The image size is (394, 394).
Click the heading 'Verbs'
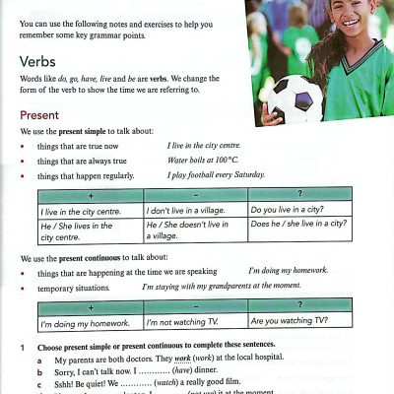(39, 62)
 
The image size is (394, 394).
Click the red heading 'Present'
(40, 114)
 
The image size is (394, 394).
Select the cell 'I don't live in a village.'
(187, 210)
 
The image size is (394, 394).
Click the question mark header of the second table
(299, 305)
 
